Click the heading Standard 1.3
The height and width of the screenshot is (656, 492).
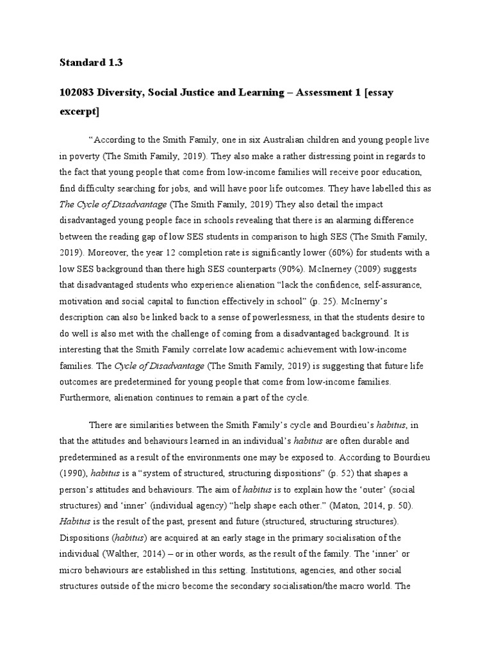91,63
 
